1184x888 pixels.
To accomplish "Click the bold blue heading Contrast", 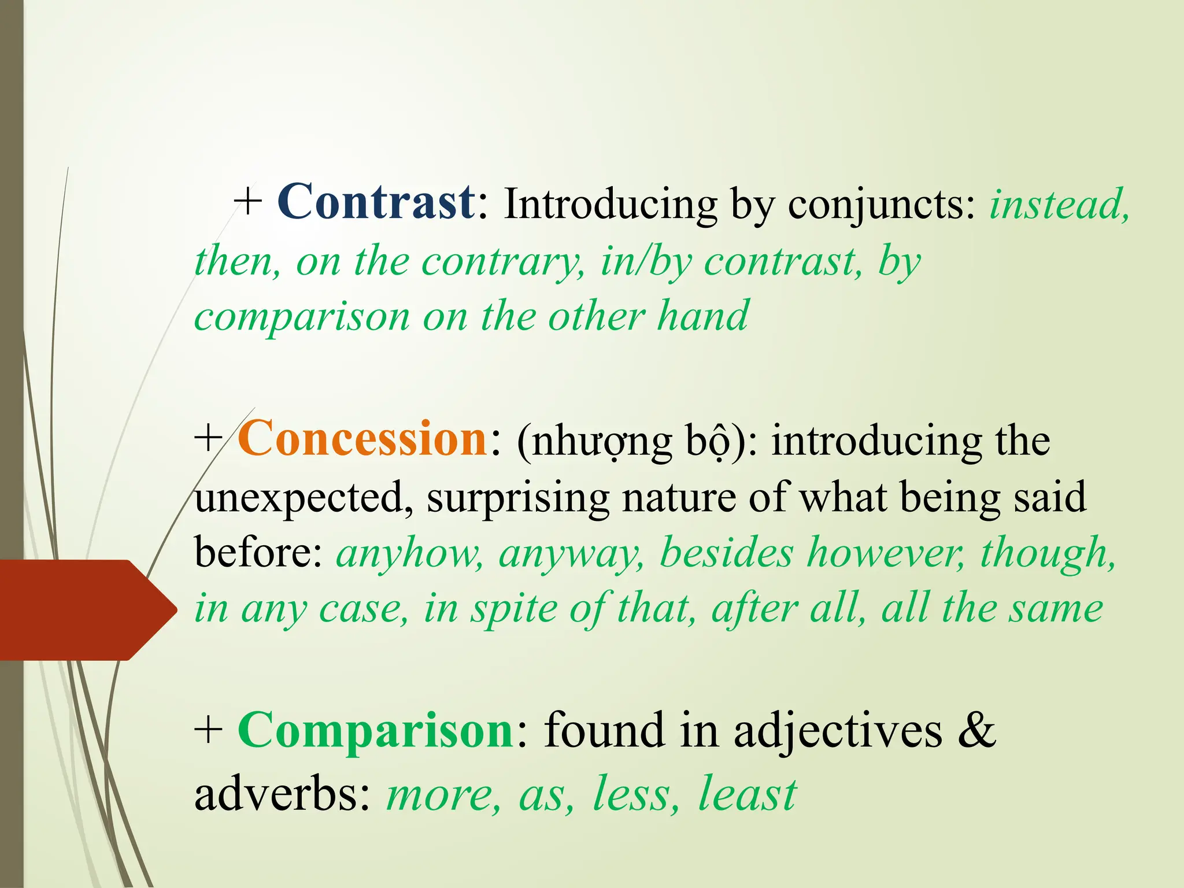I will (376, 202).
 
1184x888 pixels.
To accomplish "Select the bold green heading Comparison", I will (376, 731).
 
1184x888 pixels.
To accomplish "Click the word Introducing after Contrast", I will (610, 205).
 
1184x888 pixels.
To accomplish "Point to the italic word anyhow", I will (410, 553).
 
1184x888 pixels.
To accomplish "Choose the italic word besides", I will (726, 553).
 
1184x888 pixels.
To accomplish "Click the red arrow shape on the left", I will (81, 610).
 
